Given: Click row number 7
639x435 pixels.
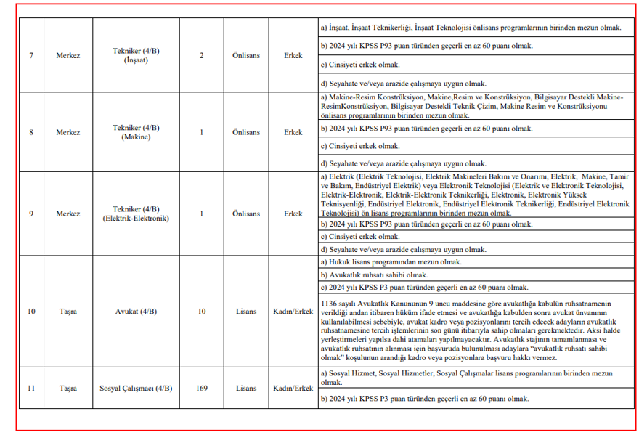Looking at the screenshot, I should click(x=30, y=55).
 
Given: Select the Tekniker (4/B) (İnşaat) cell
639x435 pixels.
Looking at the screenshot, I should click(x=136, y=55).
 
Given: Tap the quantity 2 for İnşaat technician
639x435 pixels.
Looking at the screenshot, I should click(x=201, y=55).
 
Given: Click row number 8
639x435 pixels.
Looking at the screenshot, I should click(x=30, y=133).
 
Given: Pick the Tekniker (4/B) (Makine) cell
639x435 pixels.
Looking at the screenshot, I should click(x=136, y=133).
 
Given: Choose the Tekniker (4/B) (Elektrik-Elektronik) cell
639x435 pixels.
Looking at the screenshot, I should click(x=136, y=214).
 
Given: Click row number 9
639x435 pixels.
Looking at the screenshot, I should click(x=30, y=214).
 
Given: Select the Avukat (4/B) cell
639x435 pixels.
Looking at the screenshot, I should click(x=136, y=312).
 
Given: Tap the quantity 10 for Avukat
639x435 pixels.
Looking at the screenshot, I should click(x=201, y=312).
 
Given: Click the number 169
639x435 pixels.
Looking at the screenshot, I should click(x=201, y=389).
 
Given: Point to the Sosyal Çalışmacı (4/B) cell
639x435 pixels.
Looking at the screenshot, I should click(x=136, y=389).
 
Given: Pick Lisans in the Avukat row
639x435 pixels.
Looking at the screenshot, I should click(x=246, y=312).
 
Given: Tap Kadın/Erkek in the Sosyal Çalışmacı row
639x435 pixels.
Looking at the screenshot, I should click(x=293, y=389).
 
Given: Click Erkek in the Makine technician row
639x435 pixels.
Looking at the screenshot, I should click(x=293, y=133).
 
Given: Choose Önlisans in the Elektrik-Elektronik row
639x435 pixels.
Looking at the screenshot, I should click(x=246, y=214).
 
